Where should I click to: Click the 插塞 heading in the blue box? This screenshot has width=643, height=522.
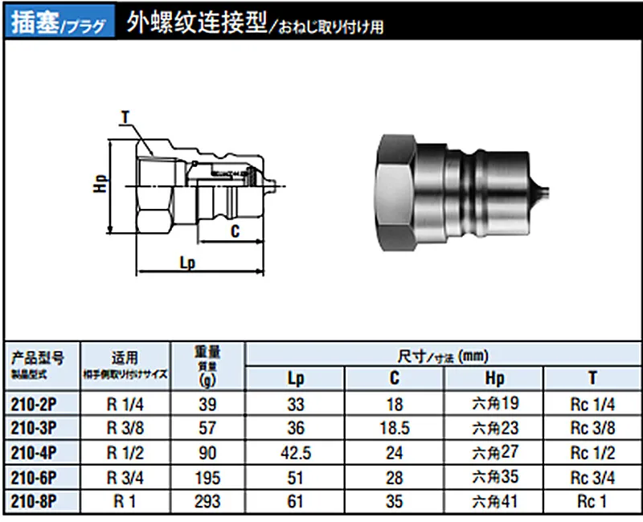[x=35, y=22]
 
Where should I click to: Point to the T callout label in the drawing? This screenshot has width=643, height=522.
[x=125, y=118]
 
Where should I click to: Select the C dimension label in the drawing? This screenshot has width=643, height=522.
[x=235, y=231]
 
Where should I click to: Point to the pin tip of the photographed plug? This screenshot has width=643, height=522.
[x=543, y=192]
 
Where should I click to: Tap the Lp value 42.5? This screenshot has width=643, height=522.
[x=296, y=453]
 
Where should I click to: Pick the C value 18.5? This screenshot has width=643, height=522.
[x=394, y=428]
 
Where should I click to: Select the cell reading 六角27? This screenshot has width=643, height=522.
[x=494, y=453]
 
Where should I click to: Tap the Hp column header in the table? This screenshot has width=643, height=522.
[x=494, y=378]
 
